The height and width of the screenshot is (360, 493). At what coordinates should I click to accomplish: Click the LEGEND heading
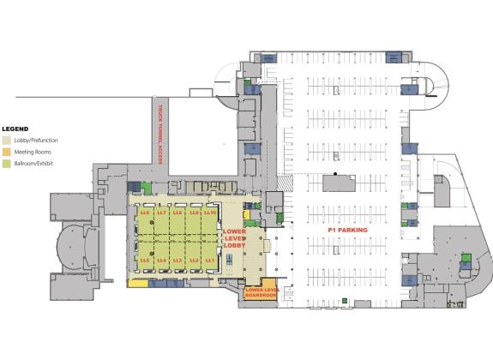click(x=16, y=128)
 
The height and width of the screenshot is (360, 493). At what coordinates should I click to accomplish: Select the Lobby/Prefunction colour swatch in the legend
click(x=6, y=140)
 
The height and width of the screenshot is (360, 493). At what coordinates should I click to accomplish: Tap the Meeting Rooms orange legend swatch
click(x=6, y=152)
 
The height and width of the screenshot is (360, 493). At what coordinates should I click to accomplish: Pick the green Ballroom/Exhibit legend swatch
click(x=6, y=163)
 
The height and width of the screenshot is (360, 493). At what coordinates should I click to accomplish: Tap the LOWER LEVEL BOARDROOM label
click(x=262, y=291)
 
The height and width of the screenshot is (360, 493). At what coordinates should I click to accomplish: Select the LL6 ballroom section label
click(x=145, y=212)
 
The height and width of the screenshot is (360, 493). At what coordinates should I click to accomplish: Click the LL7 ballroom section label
click(x=161, y=212)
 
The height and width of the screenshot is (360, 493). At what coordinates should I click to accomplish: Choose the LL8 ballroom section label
click(x=177, y=212)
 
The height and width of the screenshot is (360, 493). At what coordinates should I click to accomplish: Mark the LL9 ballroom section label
click(x=194, y=212)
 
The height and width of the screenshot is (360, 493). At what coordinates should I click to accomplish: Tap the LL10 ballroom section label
click(x=210, y=212)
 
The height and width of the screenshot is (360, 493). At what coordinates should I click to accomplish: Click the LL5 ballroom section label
click(x=145, y=259)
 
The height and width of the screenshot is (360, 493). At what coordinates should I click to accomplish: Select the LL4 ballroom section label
click(x=161, y=259)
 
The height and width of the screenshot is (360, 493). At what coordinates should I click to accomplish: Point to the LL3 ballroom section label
click(x=177, y=259)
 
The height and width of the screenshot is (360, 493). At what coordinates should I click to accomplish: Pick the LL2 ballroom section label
click(x=194, y=259)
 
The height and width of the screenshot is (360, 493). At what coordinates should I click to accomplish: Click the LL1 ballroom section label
click(x=210, y=259)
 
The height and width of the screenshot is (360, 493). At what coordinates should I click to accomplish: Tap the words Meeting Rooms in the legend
click(x=30, y=152)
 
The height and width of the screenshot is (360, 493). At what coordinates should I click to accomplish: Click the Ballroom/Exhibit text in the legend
click(x=33, y=163)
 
